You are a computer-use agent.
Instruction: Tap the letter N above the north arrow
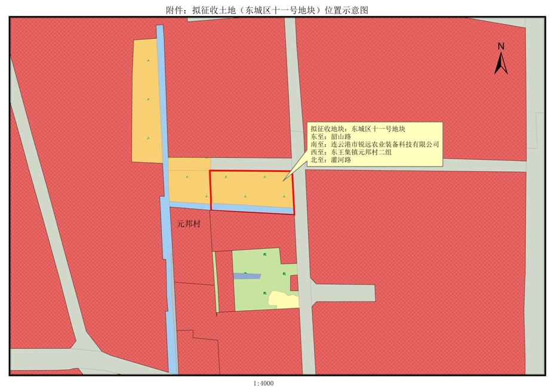point(501,47)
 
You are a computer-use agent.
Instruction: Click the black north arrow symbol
point(501,63)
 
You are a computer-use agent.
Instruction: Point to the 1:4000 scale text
point(263,384)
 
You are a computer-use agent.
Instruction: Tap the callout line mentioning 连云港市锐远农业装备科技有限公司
point(375,144)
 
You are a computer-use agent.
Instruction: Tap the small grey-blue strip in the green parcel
point(247,276)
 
